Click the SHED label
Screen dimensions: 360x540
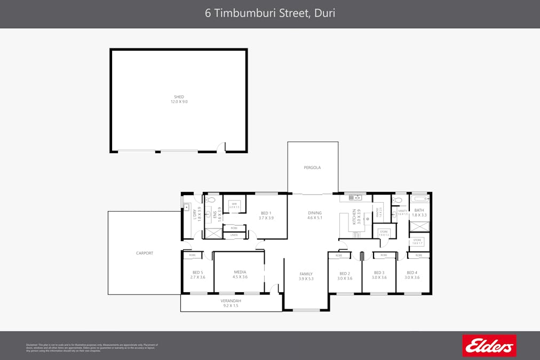click(179, 97)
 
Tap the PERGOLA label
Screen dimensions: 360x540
click(312, 167)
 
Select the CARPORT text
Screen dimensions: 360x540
click(144, 253)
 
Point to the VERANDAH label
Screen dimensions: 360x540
click(231, 301)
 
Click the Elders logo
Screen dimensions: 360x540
click(489, 346)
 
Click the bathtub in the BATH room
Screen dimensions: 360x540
click(420, 199)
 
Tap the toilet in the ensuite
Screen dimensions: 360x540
click(211, 200)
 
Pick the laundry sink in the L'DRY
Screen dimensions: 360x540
click(187, 207)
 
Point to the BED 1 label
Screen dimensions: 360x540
click(266, 213)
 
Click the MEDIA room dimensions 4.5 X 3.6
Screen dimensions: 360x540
click(240, 277)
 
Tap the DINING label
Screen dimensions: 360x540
click(315, 213)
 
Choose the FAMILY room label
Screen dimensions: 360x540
click(306, 274)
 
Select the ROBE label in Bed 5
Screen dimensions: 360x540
click(192, 255)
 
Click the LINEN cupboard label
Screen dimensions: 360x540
click(234, 235)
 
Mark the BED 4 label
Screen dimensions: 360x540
click(412, 273)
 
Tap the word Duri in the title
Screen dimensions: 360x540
click(324, 13)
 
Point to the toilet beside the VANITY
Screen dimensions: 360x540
click(397, 200)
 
